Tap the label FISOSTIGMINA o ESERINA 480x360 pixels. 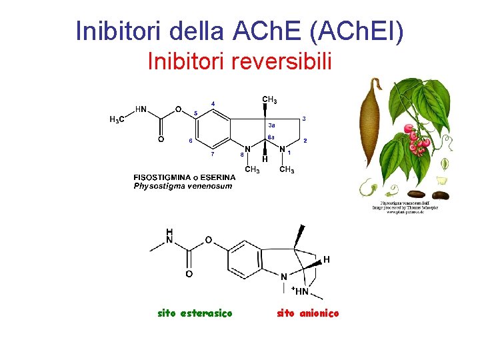coord(184,177)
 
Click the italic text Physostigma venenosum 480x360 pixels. coord(183,186)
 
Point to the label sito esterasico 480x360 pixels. coord(195,313)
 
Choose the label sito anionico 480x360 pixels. coord(307,313)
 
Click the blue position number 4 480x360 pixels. coord(213,103)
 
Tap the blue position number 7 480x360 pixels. coord(213,155)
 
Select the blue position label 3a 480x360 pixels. coord(271,125)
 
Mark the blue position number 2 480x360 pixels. coord(305,141)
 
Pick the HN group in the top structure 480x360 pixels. coord(141,109)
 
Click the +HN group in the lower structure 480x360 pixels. coord(300,291)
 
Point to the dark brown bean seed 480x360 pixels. coord(440,195)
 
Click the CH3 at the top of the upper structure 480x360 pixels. coord(269,101)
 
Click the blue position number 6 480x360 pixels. coord(191,141)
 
